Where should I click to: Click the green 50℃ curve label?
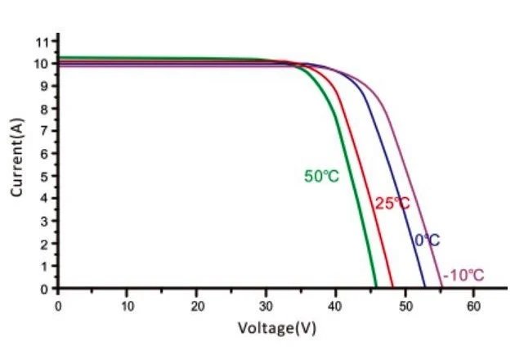tap(321, 176)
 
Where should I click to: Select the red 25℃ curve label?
tap(392, 204)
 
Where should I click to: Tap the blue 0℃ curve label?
tap(427, 241)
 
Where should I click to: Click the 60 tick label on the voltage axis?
tap(473, 306)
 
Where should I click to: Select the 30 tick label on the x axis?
tap(266, 306)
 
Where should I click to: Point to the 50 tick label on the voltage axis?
tap(404, 306)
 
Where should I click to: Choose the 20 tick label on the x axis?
tap(196, 306)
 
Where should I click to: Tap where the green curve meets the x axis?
tap(376, 287)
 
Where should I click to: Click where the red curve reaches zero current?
tap(392, 287)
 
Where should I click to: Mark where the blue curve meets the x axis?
tap(425, 287)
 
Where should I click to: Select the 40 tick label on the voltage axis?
tap(335, 306)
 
